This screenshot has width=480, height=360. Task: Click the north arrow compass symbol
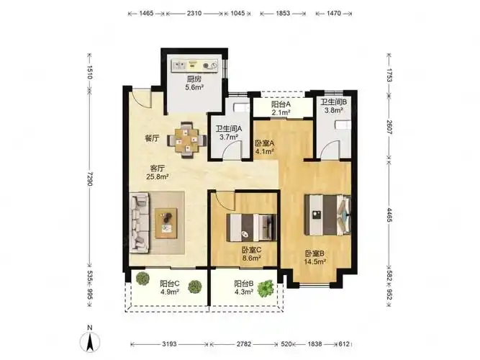[90, 342]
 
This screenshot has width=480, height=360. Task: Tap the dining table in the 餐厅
[186, 140]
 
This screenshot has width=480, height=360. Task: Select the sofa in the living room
[140, 222]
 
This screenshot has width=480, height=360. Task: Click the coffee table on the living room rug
[166, 223]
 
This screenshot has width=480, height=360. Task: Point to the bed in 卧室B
[327, 215]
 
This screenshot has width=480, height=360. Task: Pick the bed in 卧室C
[251, 228]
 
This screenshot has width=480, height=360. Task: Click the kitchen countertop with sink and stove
[194, 65]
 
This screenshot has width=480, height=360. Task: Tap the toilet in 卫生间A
[242, 108]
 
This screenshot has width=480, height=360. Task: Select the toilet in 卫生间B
[343, 125]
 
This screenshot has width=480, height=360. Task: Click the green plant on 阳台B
[265, 288]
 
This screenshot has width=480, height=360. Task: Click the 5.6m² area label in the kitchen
[194, 87]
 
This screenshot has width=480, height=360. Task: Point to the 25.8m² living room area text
[158, 176]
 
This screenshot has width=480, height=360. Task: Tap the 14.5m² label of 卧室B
[314, 261]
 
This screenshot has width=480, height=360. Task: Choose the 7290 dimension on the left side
[89, 179]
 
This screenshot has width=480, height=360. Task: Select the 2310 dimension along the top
[194, 13]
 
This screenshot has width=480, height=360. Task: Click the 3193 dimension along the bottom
[169, 344]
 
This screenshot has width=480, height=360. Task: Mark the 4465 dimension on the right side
[389, 215]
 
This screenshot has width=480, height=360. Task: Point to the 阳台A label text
[281, 104]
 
